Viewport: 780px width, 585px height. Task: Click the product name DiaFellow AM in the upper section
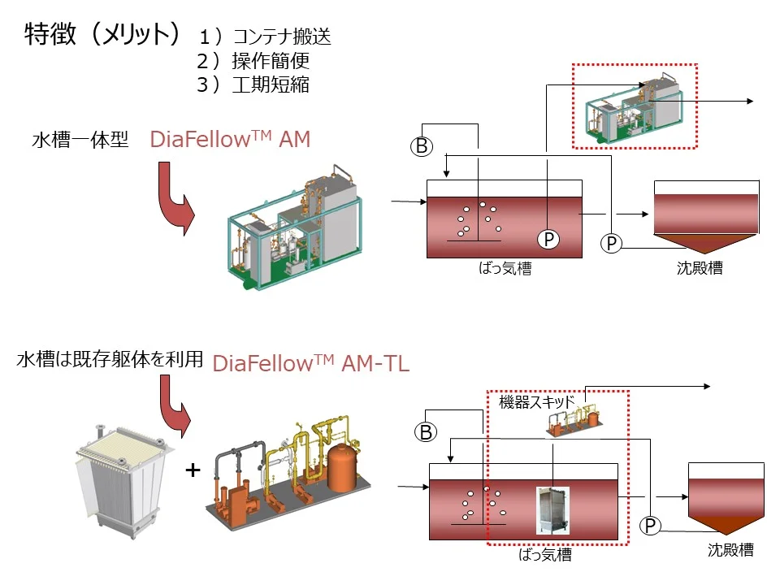[x=230, y=140]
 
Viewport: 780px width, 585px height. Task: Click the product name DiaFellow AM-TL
[x=310, y=364]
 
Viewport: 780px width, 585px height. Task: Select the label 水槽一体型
[x=80, y=141]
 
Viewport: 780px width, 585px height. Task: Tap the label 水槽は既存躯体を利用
[x=109, y=359]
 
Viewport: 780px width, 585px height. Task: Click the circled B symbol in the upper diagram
[x=421, y=147]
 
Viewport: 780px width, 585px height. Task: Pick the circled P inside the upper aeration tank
[x=549, y=239]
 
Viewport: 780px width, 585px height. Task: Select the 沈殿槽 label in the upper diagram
[x=699, y=268]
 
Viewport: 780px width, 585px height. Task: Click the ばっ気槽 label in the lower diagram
[x=544, y=555]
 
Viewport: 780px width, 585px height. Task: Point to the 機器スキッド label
[x=536, y=401]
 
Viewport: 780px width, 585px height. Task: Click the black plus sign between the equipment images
[x=193, y=470]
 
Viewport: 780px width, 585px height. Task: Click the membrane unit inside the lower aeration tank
[x=552, y=510]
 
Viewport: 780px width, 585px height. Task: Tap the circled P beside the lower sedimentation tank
[x=650, y=526]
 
